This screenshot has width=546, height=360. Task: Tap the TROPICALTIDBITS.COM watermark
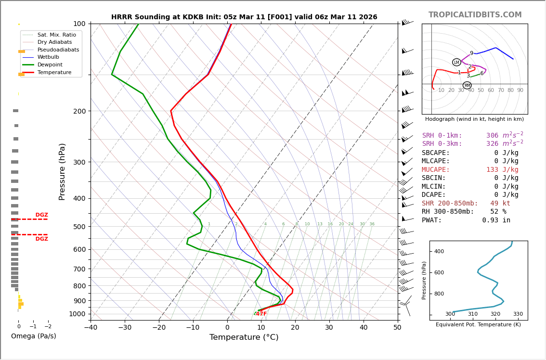pos(475,15)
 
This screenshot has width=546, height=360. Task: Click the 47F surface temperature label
pos(261,314)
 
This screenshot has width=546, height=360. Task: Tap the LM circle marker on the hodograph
pos(456,62)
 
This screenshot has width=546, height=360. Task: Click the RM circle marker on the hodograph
pos(467,85)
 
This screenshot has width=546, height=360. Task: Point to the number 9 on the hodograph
pos(471,53)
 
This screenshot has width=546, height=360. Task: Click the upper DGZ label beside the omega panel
pos(41,215)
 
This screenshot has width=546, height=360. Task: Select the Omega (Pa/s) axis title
pos(33,336)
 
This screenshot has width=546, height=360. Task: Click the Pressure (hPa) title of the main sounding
pos(62,171)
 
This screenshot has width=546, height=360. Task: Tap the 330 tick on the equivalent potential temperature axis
pos(518,314)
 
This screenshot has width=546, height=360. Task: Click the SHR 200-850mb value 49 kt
pos(500,203)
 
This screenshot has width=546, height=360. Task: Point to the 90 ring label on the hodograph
pos(520,90)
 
